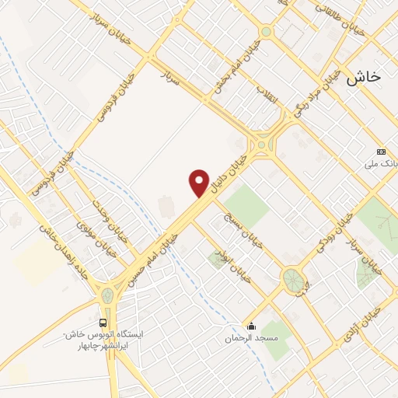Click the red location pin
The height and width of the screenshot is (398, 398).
tap(199, 183)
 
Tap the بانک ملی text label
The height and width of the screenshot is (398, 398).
tap(381, 165)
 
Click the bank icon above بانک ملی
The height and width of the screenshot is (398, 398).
tap(381, 152)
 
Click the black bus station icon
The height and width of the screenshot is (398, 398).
tap(103, 322)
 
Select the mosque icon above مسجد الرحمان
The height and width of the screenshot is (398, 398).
tap(251, 326)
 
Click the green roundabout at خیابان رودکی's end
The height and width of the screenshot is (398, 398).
tap(293, 280)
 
